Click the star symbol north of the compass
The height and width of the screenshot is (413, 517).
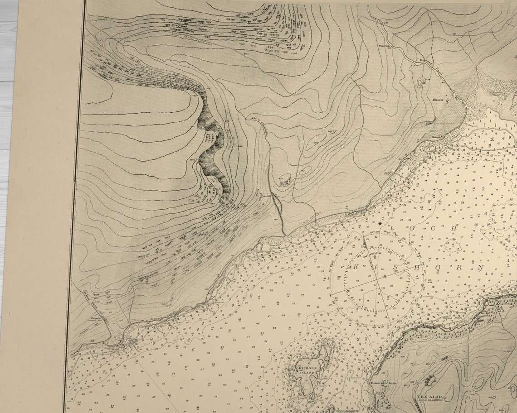pos(380,223)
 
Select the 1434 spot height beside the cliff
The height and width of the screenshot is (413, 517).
pos(192,160)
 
